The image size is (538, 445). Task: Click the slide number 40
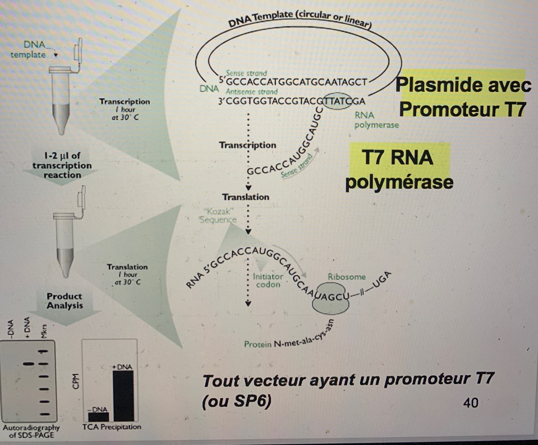point(471,402)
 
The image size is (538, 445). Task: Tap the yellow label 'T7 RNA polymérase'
point(399,169)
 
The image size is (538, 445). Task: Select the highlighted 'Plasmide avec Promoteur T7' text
point(463,97)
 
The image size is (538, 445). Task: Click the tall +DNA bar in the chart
point(123,396)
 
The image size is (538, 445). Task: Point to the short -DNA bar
point(98,416)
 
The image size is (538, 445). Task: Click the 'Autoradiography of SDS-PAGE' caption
point(31,431)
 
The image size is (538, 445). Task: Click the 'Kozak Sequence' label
point(218,215)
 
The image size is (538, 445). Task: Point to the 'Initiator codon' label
point(268,280)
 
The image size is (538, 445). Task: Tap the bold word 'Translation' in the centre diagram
point(245,197)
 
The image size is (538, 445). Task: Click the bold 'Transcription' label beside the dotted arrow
point(247,145)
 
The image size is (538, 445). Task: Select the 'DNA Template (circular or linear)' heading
point(299,19)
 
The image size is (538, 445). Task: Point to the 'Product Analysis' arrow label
point(65,301)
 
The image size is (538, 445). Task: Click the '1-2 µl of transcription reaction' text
point(62,165)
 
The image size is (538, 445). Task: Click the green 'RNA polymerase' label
point(376,120)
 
